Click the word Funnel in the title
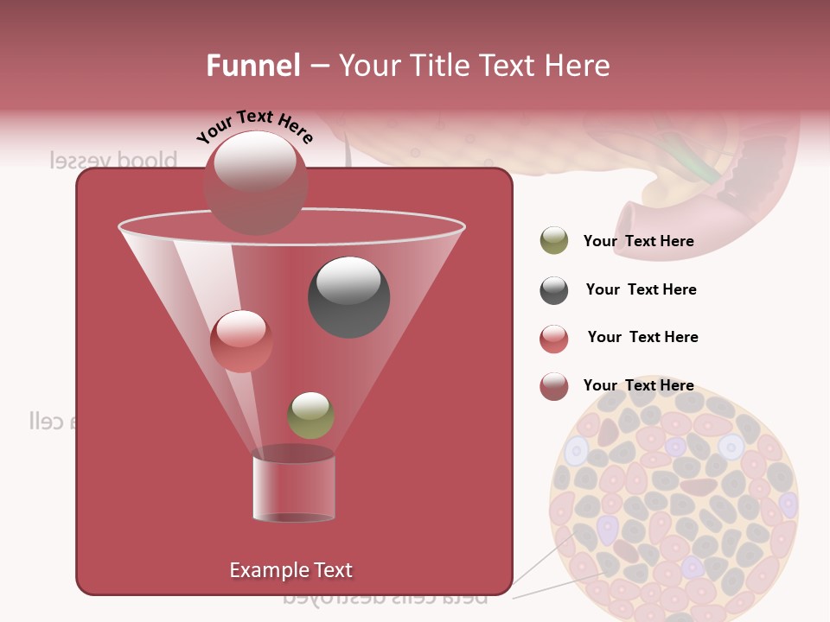pyautogui.click(x=252, y=65)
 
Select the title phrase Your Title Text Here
pyautogui.click(x=474, y=65)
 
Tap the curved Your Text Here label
pyautogui.click(x=254, y=126)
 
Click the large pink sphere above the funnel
pyautogui.click(x=255, y=182)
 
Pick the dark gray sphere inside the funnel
pyautogui.click(x=348, y=296)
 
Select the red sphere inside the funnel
pyautogui.click(x=241, y=341)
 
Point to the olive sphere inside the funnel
pyautogui.click(x=310, y=415)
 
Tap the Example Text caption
pyautogui.click(x=290, y=570)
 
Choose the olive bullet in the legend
pyautogui.click(x=554, y=241)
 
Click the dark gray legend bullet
pyautogui.click(x=554, y=290)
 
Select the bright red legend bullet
pyautogui.click(x=554, y=339)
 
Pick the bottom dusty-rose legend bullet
pyautogui.click(x=554, y=386)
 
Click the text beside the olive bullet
pyautogui.click(x=638, y=241)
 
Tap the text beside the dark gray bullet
pyautogui.click(x=641, y=289)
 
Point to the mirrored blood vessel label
pyautogui.click(x=113, y=161)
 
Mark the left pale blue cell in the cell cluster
pyautogui.click(x=576, y=450)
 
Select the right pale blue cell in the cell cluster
pyautogui.click(x=731, y=447)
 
